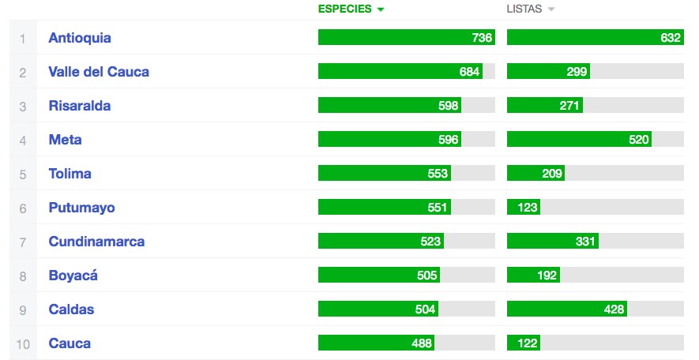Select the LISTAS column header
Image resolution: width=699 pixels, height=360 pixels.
click(x=524, y=9)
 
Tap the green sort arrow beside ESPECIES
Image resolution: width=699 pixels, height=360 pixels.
click(x=381, y=9)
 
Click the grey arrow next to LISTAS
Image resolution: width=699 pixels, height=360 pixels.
click(x=551, y=9)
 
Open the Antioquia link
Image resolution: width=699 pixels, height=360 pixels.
click(x=80, y=38)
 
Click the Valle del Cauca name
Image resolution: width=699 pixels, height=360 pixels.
click(x=99, y=72)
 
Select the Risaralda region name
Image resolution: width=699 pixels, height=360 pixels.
click(x=80, y=106)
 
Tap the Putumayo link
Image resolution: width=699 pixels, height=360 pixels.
click(x=81, y=208)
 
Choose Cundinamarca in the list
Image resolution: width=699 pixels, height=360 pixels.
click(x=96, y=242)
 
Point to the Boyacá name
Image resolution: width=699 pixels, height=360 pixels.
click(x=73, y=276)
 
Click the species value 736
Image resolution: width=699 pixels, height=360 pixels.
click(x=482, y=38)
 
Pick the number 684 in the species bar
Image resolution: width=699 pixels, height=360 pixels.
click(x=469, y=72)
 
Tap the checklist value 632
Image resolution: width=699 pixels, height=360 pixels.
click(x=671, y=38)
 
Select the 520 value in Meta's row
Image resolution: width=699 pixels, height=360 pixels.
click(x=638, y=140)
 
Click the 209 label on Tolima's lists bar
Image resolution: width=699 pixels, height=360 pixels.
click(x=552, y=174)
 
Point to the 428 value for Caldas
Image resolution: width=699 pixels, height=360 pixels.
click(x=614, y=309)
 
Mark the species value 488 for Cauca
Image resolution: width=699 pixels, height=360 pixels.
click(x=423, y=343)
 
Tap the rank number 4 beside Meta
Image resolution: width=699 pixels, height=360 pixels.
click(x=23, y=140)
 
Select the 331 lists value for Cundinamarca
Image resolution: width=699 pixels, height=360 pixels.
click(x=585, y=242)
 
